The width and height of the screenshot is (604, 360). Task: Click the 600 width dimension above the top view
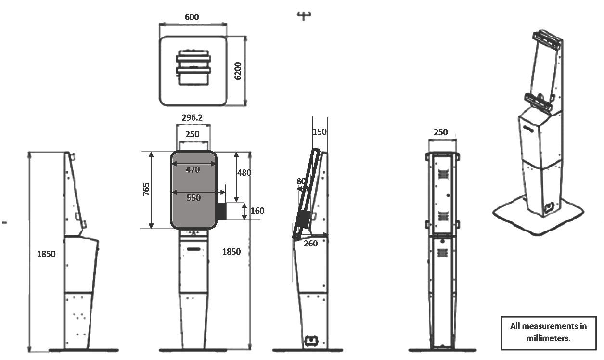(192, 17)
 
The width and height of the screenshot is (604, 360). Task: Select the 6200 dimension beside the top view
(238, 71)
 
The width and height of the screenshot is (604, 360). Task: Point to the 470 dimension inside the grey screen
(193, 169)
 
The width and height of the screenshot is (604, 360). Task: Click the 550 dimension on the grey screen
(193, 197)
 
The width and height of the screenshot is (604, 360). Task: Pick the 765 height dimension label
(146, 189)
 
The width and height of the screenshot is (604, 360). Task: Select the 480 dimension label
(244, 172)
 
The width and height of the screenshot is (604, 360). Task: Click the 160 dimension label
(257, 211)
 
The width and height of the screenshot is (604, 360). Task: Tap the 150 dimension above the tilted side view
(319, 132)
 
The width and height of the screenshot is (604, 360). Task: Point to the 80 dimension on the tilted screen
(301, 181)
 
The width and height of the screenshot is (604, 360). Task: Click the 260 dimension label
(311, 244)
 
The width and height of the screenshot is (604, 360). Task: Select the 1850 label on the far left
(46, 254)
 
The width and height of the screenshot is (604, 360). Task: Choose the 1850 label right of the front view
(231, 252)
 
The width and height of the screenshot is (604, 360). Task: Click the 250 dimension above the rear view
(440, 132)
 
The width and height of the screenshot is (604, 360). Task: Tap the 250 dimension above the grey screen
(193, 134)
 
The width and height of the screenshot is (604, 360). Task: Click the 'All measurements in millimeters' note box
(548, 333)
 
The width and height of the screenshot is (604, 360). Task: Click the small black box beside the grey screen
(222, 211)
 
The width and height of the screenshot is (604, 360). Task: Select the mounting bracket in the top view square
(193, 66)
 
